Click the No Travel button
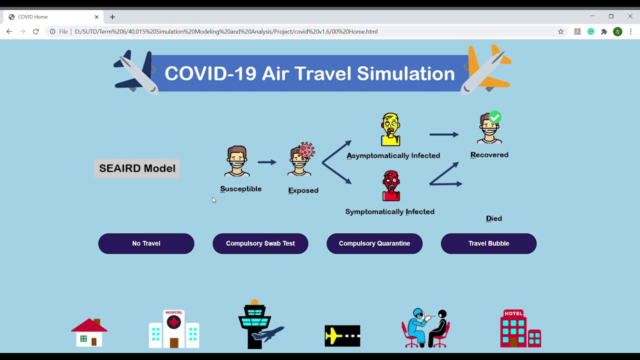(146, 243)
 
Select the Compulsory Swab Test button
(260, 243)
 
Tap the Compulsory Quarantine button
(374, 243)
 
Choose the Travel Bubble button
(488, 243)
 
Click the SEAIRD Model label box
(137, 168)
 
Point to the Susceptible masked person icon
(237, 161)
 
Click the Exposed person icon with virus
(300, 160)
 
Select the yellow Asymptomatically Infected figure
(390, 129)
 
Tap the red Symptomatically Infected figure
(391, 185)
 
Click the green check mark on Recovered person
(494, 117)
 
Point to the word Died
(494, 218)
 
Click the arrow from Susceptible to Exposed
(267, 162)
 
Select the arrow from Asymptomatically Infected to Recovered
(444, 134)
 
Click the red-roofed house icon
(89, 332)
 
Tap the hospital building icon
(174, 329)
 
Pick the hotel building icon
(520, 328)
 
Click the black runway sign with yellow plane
(342, 336)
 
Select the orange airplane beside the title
(487, 69)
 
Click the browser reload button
(36, 31)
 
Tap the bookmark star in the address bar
(560, 31)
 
